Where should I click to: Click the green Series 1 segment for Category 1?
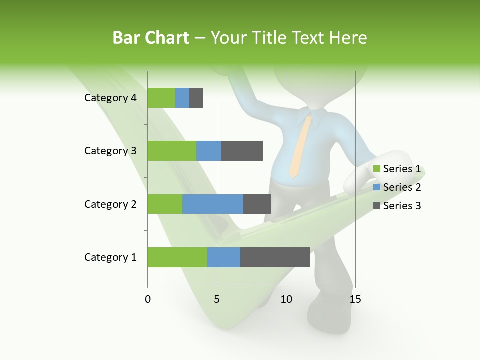(x=177, y=257)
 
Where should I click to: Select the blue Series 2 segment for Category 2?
(x=213, y=204)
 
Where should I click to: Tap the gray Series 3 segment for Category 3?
(x=242, y=151)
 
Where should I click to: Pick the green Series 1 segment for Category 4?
(x=161, y=98)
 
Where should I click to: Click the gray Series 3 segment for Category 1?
(x=275, y=257)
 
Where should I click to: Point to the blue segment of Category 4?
(x=182, y=98)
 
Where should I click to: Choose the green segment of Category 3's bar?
(x=172, y=151)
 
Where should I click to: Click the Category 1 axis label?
(x=110, y=257)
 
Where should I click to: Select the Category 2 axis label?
(x=110, y=204)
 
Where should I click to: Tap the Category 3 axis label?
(x=110, y=151)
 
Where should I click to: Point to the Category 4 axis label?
(x=110, y=98)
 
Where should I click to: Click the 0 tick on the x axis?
(x=148, y=299)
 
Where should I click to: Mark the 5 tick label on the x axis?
(x=217, y=299)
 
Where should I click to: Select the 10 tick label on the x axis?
(x=286, y=299)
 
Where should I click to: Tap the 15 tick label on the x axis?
(x=355, y=299)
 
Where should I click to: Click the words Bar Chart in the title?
(x=151, y=38)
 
